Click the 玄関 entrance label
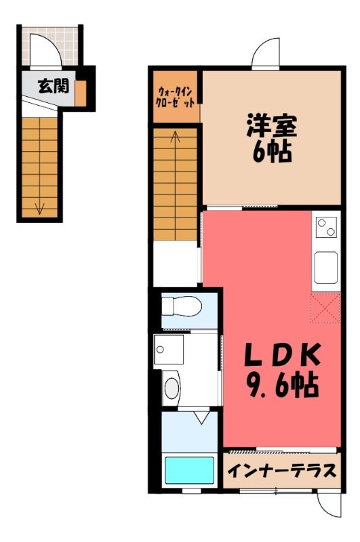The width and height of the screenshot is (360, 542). click(54, 86)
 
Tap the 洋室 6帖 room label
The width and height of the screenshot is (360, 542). click(272, 138)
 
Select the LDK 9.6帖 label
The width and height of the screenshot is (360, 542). click(282, 370)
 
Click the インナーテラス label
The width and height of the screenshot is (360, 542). click(281, 470)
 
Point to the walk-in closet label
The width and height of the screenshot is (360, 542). click(176, 98)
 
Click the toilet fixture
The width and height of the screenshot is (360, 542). click(182, 306)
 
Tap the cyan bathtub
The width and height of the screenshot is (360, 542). click(189, 470)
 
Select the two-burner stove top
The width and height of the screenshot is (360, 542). click(327, 227)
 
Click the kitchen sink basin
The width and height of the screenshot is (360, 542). click(326, 268)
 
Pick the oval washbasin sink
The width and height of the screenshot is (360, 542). click(171, 388)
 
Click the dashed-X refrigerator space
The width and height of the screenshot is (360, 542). click(325, 308)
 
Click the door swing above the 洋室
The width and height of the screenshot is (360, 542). click(266, 52)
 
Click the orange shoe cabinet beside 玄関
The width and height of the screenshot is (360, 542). click(81, 93)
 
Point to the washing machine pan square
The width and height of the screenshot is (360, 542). click(169, 349)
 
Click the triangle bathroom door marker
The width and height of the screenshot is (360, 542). click(202, 417)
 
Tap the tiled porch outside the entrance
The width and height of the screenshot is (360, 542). click(50, 46)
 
